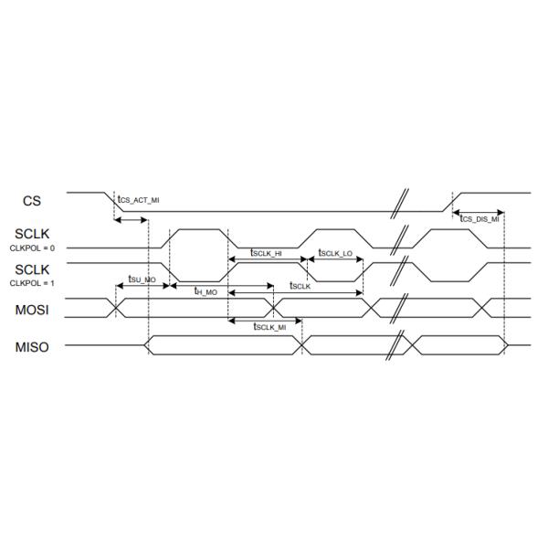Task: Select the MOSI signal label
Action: [x=31, y=311]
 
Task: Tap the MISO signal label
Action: [x=31, y=348]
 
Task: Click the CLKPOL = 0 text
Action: [x=32, y=248]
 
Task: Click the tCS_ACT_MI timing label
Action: [x=138, y=198]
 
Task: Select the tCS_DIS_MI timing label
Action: [x=479, y=219]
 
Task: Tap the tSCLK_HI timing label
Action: [x=266, y=252]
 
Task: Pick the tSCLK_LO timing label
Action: [x=335, y=252]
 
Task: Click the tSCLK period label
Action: [x=300, y=285]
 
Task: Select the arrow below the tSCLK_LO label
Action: [x=335, y=259]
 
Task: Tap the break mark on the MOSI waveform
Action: [x=398, y=308]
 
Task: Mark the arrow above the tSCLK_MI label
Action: [x=265, y=320]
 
